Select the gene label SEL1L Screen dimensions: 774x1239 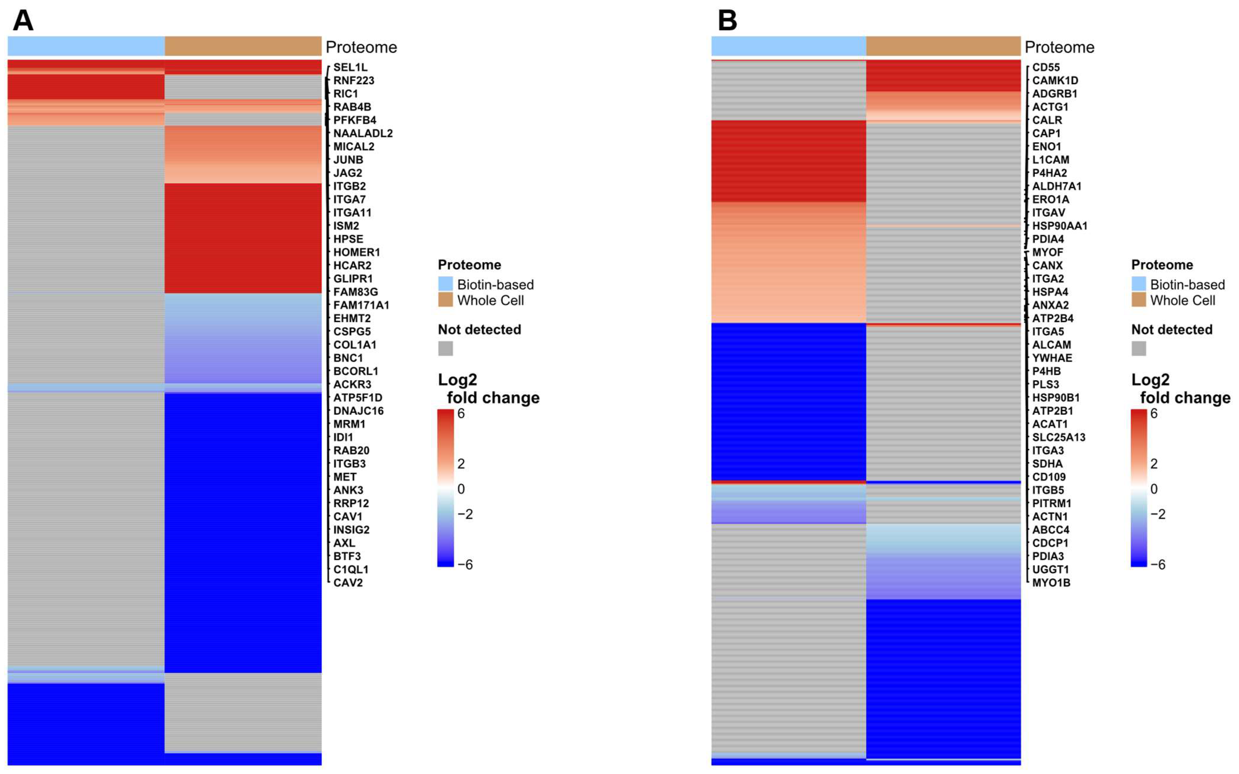(x=350, y=67)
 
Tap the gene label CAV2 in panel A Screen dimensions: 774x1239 (x=348, y=582)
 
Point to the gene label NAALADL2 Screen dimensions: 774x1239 (x=363, y=133)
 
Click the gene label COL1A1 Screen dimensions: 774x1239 (x=355, y=345)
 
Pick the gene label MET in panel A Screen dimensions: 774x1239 (x=345, y=476)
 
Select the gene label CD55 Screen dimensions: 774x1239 (x=1046, y=67)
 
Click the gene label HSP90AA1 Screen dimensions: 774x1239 (x=1060, y=226)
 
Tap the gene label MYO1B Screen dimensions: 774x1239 (x=1051, y=582)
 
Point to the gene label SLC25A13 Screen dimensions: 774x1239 (x=1058, y=437)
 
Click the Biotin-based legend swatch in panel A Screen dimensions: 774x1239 (x=445, y=284)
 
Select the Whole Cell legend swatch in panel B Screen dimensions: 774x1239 (x=1138, y=300)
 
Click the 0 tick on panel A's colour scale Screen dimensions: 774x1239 (x=461, y=489)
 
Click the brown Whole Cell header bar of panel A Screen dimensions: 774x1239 (x=243, y=46)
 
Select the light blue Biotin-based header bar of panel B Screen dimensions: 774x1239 (x=788, y=46)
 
